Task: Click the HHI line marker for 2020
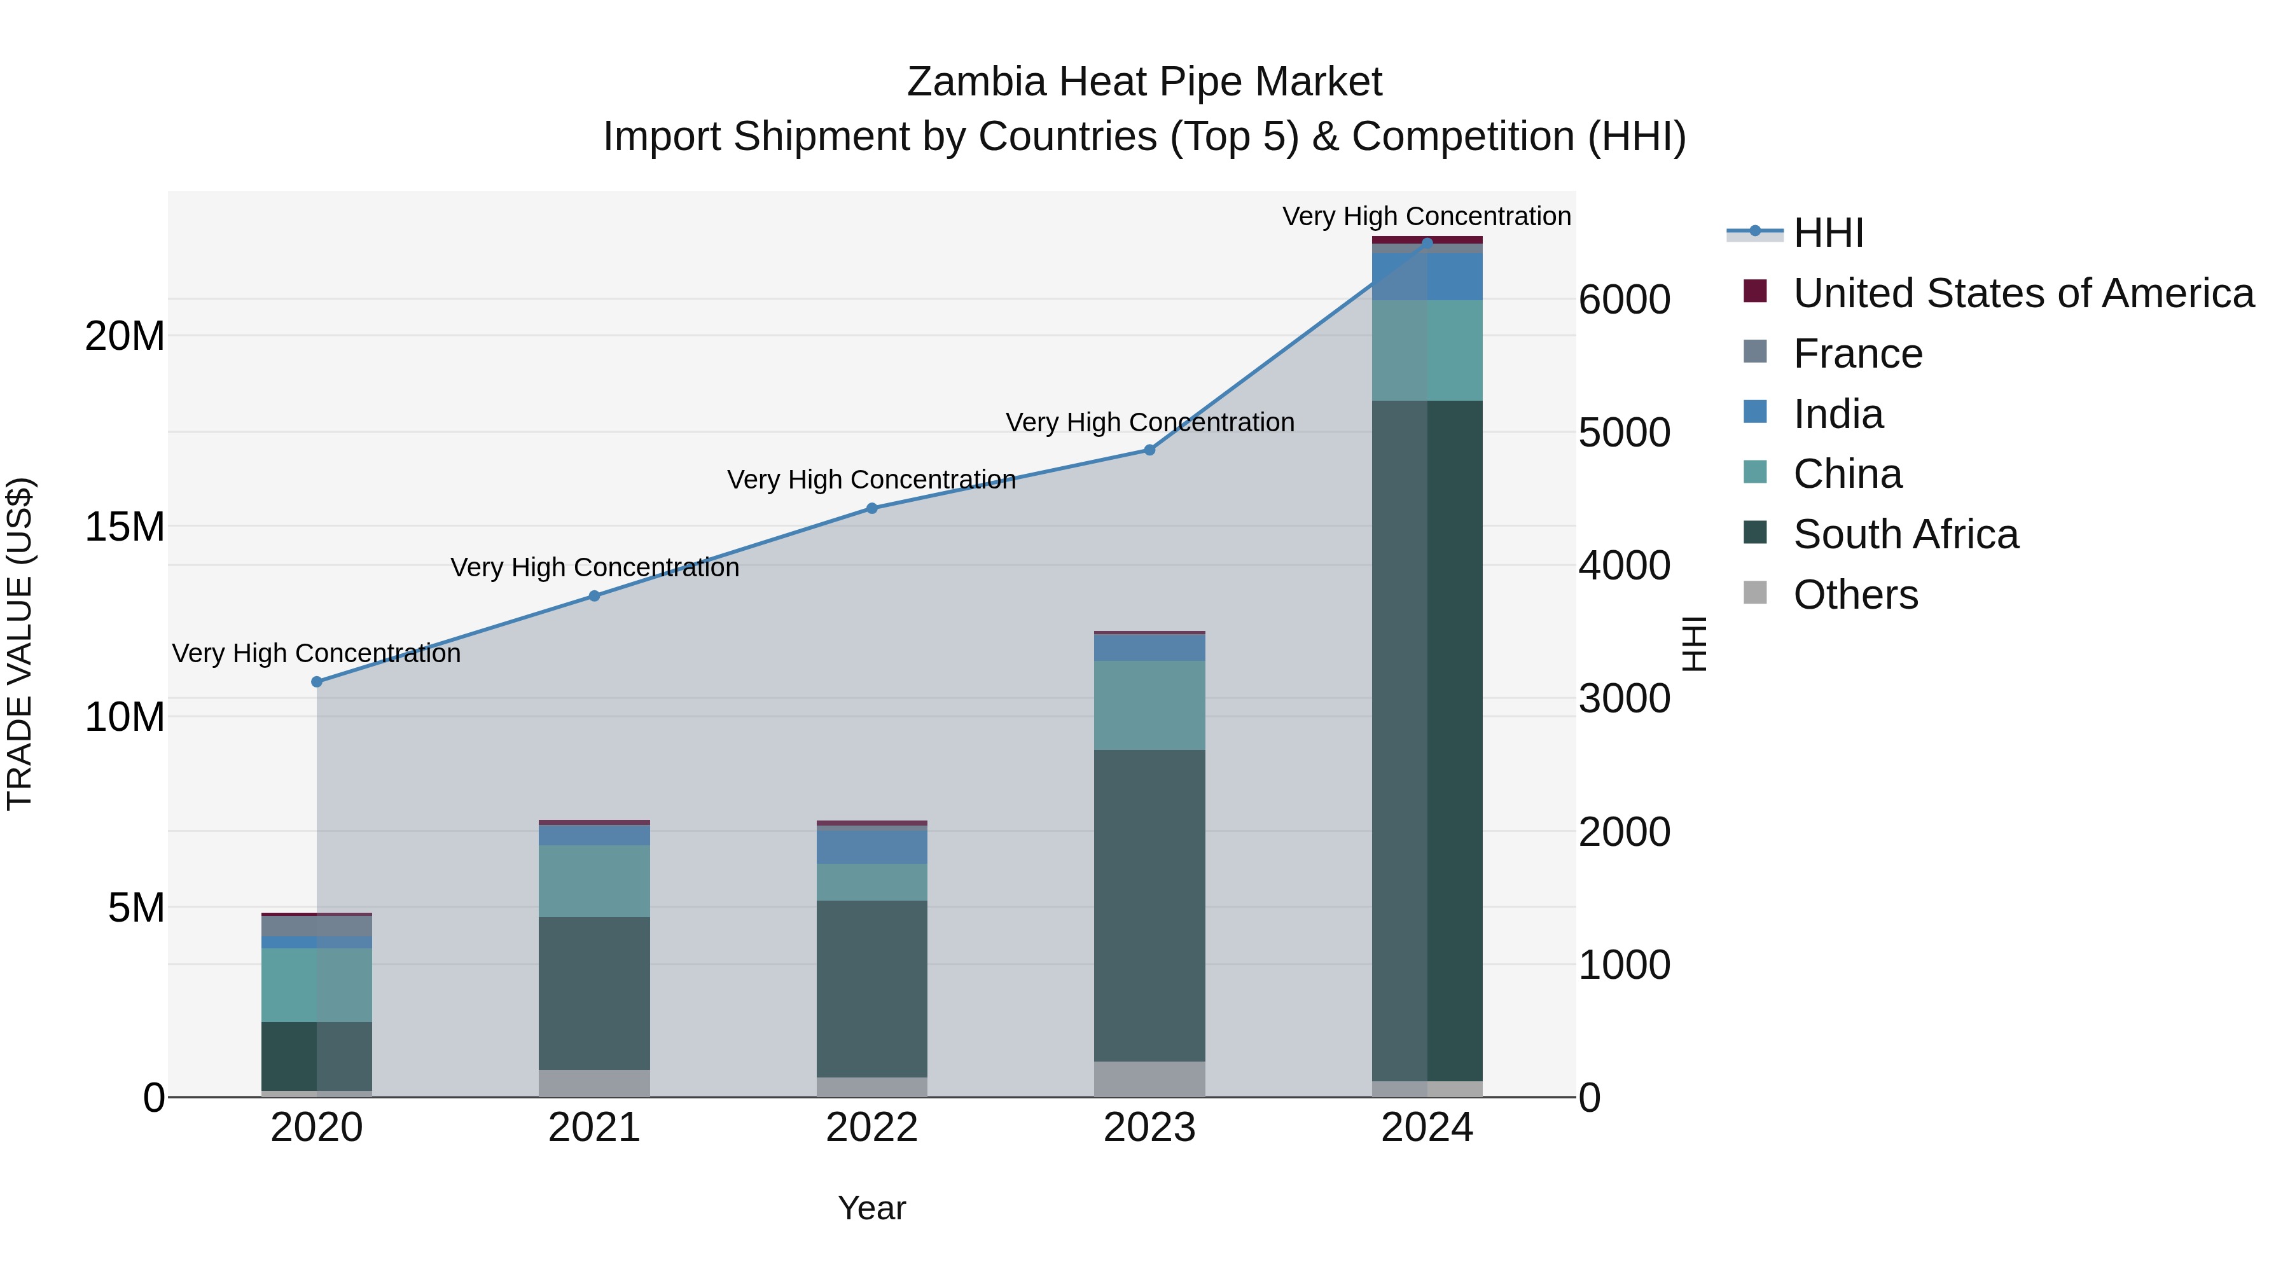coord(317,682)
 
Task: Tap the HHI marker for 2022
coord(872,508)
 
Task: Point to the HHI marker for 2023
coord(1149,450)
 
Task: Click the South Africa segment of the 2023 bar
coord(1149,905)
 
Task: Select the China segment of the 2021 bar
coord(595,880)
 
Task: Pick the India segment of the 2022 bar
coord(872,846)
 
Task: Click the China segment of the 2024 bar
coord(1427,350)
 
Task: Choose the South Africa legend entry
coord(1905,534)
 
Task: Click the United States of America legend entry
coord(2022,293)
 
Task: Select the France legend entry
coord(1857,354)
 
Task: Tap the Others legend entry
coord(1856,595)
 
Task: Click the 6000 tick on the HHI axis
coord(1624,300)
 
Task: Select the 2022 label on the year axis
coord(872,1128)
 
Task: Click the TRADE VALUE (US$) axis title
coord(20,644)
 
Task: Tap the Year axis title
coord(872,1208)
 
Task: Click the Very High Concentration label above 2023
coord(1149,422)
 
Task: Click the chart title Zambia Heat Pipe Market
coord(1144,82)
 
